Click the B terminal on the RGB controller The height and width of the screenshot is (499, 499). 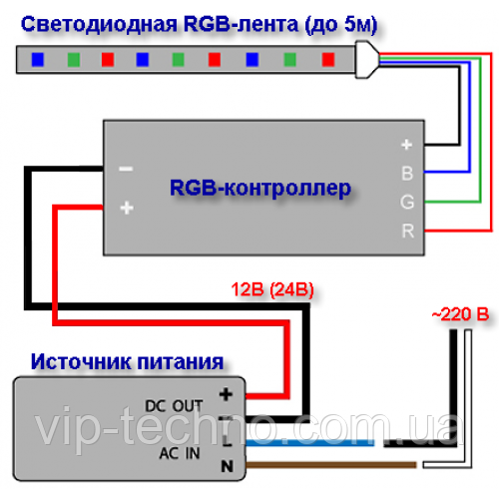click(x=407, y=174)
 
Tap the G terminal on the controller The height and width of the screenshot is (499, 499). click(x=407, y=202)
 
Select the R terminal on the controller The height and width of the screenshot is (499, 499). click(x=408, y=231)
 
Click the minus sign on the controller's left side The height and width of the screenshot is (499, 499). click(x=126, y=170)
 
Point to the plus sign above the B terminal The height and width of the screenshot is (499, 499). click(x=406, y=145)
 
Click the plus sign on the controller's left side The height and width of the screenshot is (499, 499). click(x=127, y=208)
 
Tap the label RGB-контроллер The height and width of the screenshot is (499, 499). click(x=260, y=189)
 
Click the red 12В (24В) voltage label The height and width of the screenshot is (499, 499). click(x=272, y=289)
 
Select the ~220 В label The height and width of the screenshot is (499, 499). click(x=460, y=314)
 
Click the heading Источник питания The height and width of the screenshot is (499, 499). click(x=127, y=362)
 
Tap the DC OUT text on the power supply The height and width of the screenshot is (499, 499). click(x=174, y=406)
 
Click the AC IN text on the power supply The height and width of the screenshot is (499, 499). click(x=180, y=453)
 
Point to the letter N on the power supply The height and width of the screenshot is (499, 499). click(x=228, y=466)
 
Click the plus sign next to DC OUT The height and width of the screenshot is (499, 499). click(x=226, y=395)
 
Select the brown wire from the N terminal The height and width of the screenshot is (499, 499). click(x=331, y=465)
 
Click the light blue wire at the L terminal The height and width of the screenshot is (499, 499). click(x=310, y=443)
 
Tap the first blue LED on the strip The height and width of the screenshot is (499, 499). click(x=38, y=60)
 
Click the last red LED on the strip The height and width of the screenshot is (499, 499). click(x=328, y=60)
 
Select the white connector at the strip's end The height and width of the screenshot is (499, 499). click(x=366, y=60)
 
